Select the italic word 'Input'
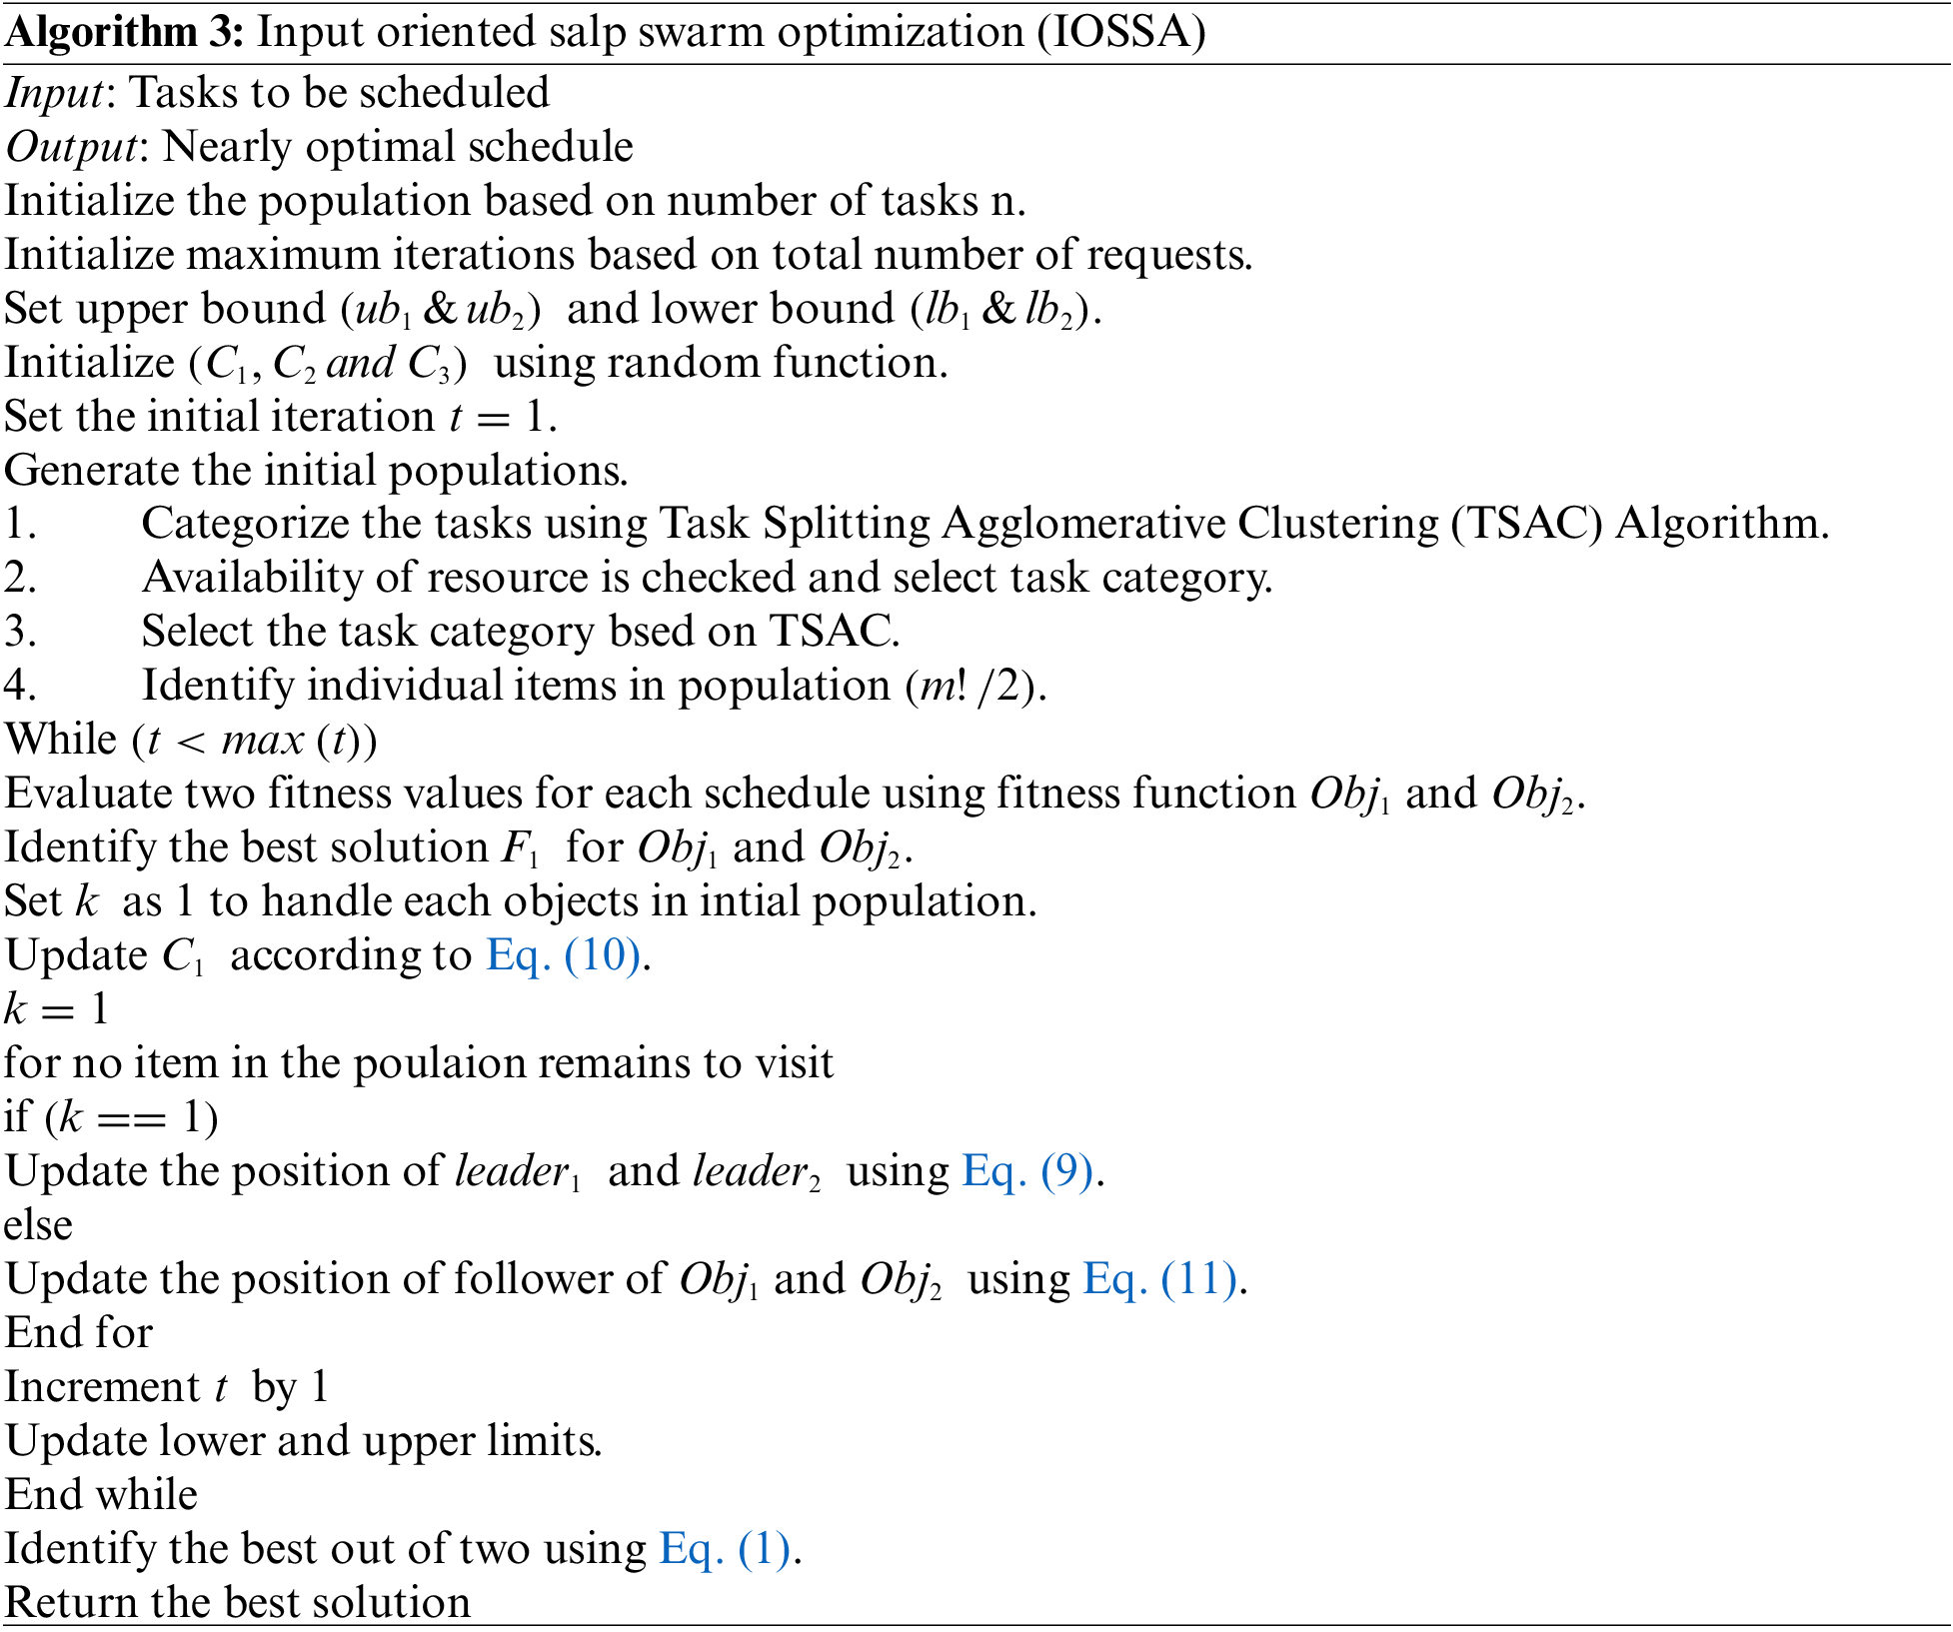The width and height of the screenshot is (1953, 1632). point(55,93)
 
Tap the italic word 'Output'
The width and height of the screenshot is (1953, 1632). point(70,147)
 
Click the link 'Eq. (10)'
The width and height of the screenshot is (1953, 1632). point(564,955)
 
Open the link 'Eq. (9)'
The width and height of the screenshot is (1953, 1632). point(1028,1171)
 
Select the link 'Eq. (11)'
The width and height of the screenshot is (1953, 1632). point(1160,1279)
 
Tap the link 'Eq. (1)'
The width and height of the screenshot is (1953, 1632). point(725,1549)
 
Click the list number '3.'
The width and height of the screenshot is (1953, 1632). point(20,632)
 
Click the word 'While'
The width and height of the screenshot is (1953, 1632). point(61,740)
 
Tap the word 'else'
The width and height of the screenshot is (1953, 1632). point(38,1225)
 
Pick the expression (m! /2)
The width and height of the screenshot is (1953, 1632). point(975,686)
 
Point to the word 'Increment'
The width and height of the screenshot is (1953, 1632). point(103,1387)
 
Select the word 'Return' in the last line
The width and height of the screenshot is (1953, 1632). point(71,1603)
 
